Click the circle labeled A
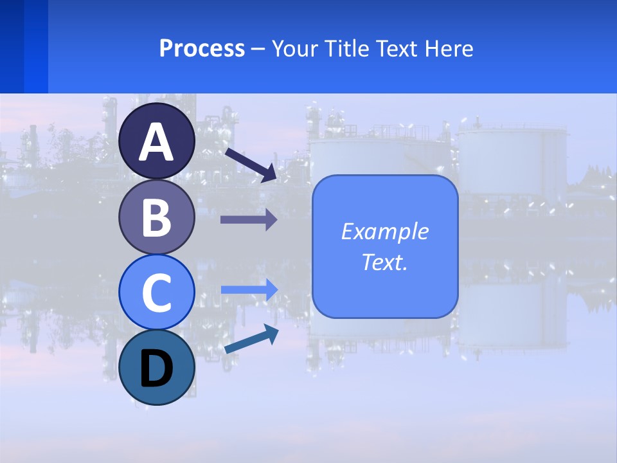157,141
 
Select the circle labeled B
157,217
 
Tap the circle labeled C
157,292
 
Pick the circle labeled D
157,367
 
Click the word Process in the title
202,49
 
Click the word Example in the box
384,232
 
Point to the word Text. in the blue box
384,262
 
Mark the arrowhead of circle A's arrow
270,172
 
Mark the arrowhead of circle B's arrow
271,220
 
